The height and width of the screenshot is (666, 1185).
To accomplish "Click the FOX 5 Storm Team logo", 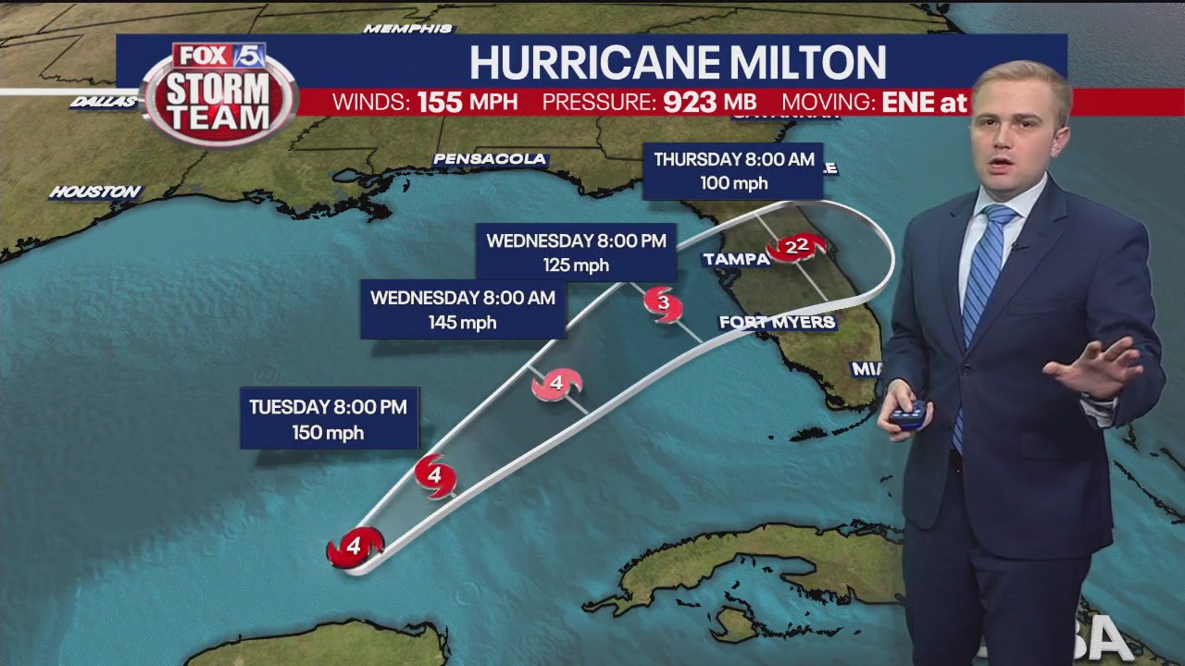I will click(x=219, y=92).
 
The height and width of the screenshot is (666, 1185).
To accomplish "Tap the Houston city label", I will click(x=95, y=192).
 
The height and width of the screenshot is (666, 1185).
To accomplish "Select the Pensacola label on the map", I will click(x=490, y=159).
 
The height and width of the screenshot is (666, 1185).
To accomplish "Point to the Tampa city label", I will click(x=737, y=260).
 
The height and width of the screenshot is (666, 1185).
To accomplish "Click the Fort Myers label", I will click(x=778, y=323).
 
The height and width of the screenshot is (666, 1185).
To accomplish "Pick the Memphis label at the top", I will click(x=407, y=29).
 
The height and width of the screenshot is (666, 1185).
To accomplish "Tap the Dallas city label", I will click(x=104, y=102).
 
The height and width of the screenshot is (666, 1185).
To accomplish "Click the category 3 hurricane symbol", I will click(x=663, y=303).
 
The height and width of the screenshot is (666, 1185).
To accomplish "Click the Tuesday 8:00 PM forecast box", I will click(x=329, y=419).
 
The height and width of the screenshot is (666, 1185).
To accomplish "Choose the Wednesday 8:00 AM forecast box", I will click(x=463, y=310).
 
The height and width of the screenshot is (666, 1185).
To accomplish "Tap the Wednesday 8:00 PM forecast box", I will click(x=576, y=252).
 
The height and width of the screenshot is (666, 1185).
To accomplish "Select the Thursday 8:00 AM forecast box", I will click(x=733, y=170).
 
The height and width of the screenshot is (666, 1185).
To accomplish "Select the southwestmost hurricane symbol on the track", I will click(x=355, y=548).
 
